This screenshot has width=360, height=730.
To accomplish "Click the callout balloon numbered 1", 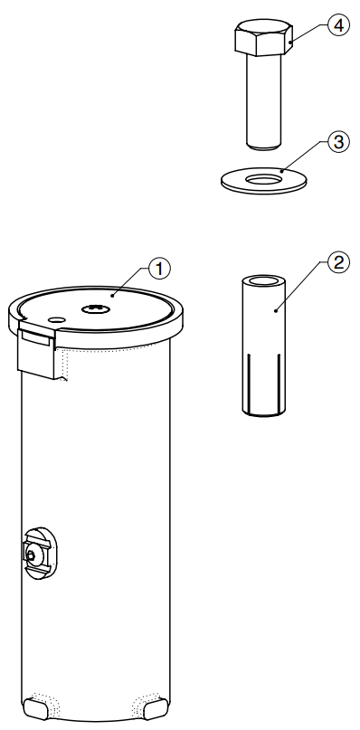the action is coord(159,269).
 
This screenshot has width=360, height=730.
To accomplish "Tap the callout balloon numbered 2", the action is coord(337,262).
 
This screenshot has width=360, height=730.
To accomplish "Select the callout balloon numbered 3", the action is coord(338,141).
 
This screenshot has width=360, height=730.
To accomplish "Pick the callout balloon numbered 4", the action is coord(338,25).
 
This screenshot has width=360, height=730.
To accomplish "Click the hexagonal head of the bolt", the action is coord(263,37).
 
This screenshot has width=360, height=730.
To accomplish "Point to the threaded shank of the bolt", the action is coord(263,100).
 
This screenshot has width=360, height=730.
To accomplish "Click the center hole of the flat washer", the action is coord(263,179).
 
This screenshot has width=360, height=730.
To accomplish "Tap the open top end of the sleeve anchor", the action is coord(263,280).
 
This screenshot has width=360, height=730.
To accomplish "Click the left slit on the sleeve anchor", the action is coord(248,379).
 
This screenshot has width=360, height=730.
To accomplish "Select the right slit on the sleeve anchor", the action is coord(279,379).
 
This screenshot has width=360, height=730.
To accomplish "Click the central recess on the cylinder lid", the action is coord(96,308).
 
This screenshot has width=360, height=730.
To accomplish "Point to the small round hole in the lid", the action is coord(57,320).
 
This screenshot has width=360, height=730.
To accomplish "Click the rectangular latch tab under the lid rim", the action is coord(37,353).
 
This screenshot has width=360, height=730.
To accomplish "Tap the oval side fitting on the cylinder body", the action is coord(40,553).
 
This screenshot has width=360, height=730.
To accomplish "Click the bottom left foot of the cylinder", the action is coord(35,709).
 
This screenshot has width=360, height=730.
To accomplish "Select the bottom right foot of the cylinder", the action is coord(156,709).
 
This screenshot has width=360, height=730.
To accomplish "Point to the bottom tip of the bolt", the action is coord(263,147).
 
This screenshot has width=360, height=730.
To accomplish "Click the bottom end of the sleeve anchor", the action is coord(263,412).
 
